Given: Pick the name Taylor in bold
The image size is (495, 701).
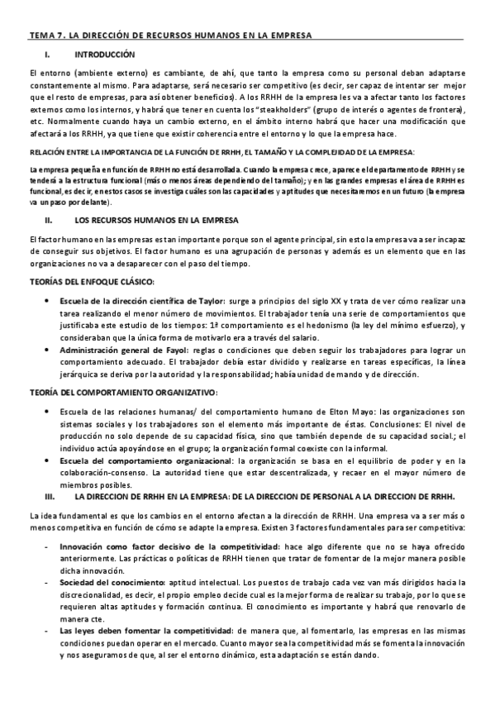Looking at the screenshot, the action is click(204, 302).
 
